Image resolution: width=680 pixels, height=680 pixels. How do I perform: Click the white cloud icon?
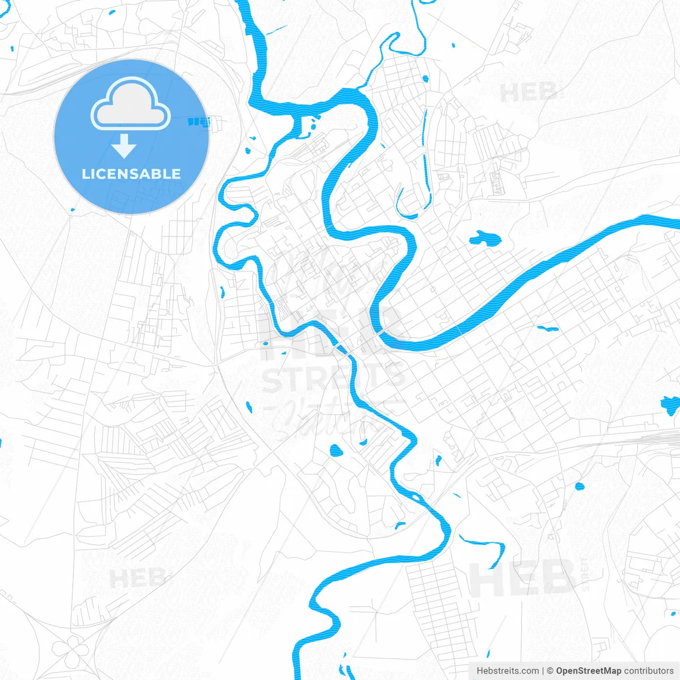pos(131,105)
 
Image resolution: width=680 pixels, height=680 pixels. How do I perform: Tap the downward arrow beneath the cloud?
pos(124,146)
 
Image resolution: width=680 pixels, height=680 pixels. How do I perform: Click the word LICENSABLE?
pos(131,174)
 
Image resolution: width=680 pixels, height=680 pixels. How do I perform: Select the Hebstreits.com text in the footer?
pos(508,671)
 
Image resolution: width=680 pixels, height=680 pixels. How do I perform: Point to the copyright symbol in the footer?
pos(550,671)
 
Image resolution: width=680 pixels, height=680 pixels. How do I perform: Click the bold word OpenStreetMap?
pos(589,671)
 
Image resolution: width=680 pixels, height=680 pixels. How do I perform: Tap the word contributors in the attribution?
pos(649,671)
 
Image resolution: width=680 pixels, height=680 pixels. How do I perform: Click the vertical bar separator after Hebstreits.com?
pos(543,671)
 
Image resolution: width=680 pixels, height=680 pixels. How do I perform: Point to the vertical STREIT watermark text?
pos(585,574)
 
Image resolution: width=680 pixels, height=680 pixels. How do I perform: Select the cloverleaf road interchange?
pos(69,651)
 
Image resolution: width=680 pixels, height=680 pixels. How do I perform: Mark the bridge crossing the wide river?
pos(381,334)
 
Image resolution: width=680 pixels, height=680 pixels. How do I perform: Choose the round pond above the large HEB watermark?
pos(579,486)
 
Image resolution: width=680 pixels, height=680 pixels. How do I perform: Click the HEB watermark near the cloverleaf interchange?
pos(137,578)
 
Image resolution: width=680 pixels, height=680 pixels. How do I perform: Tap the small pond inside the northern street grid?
pos(425,79)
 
